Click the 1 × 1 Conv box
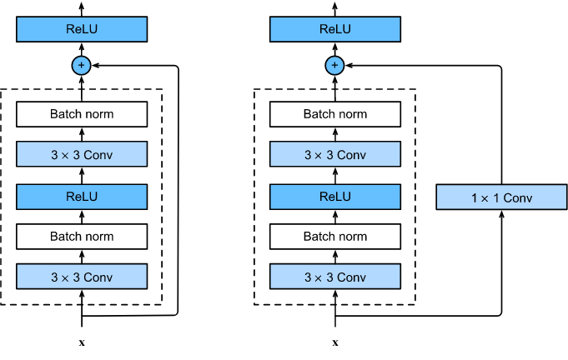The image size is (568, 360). [501, 197]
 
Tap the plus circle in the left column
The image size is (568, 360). [82, 65]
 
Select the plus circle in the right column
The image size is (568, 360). [334, 65]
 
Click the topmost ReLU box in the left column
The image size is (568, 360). [82, 29]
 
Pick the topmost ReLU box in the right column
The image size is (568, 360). [334, 29]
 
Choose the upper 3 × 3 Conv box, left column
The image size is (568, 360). [82, 154]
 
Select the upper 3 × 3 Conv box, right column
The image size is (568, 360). [334, 154]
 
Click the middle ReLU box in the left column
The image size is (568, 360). [82, 197]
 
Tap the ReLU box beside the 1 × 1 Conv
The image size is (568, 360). [334, 197]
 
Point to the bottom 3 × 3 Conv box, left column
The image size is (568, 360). [82, 277]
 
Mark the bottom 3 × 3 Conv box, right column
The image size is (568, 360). [334, 277]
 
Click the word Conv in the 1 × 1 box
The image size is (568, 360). [517, 198]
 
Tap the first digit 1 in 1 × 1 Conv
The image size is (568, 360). [475, 198]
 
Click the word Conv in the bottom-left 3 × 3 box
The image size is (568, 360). [98, 277]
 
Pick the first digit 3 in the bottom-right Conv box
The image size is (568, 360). [307, 277]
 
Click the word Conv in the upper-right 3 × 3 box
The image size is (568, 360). [351, 155]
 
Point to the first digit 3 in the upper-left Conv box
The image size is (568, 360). [54, 155]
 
